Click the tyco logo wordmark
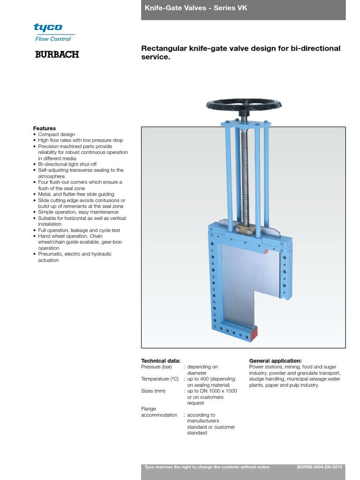[48, 27]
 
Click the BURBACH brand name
[57, 55]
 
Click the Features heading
[45, 128]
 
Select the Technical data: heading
[161, 361]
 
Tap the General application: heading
[275, 361]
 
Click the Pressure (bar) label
[157, 367]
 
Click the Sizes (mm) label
[154, 391]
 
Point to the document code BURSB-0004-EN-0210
[320, 467]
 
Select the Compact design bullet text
[56, 135]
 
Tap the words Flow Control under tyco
[53, 39]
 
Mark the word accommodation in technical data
[159, 415]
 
